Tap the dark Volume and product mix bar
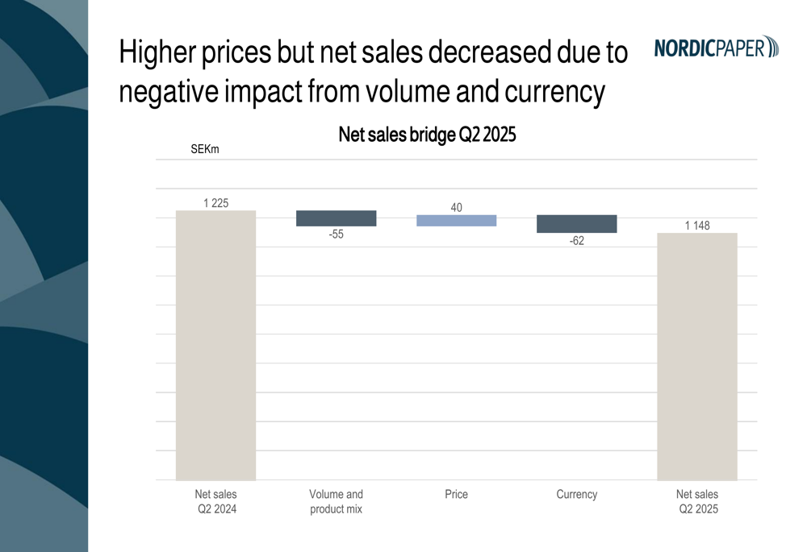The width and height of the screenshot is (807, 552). tap(336, 218)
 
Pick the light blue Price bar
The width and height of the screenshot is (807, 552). tap(456, 221)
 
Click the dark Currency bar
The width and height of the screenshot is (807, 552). tap(576, 224)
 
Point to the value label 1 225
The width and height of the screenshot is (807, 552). tap(215, 203)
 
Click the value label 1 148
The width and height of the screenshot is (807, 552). tap(697, 226)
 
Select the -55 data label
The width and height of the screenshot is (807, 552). tap(336, 234)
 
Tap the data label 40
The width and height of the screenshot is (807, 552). tap(456, 208)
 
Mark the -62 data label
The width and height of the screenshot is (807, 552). tap(576, 241)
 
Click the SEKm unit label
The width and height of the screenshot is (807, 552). tap(204, 149)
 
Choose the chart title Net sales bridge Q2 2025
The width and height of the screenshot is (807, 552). tap(427, 135)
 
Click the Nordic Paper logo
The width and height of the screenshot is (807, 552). tap(716, 48)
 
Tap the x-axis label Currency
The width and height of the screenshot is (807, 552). tap(576, 494)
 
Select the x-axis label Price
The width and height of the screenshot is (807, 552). tap(456, 494)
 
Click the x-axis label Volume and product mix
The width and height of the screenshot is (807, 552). tap(336, 501)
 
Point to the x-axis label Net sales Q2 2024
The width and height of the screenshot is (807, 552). tap(215, 501)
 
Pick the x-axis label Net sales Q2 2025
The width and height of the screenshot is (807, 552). tap(697, 501)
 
